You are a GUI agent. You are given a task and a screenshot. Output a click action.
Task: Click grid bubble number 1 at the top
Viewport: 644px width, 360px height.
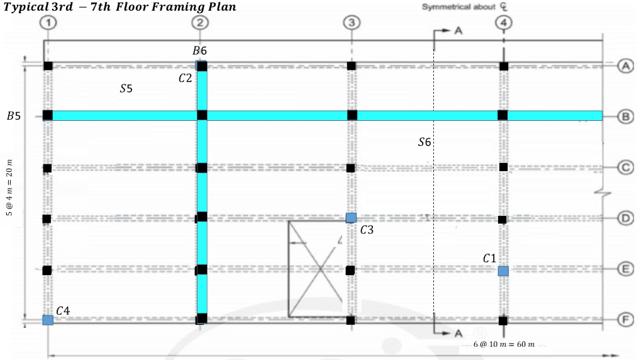tap(48, 23)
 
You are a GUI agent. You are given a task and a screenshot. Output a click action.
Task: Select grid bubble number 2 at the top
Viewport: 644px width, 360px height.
tap(200, 23)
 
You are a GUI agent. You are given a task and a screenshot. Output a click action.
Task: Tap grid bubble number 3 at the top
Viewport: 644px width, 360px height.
tap(351, 23)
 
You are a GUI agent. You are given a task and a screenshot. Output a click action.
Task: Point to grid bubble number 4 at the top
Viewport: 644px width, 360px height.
tap(503, 23)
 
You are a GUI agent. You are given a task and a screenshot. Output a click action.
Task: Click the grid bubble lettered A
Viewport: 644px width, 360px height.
tap(625, 66)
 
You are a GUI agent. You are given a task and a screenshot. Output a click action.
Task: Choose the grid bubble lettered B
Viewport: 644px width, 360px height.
tap(625, 116)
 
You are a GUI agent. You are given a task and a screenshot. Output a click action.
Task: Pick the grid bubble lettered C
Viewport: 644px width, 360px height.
tap(625, 167)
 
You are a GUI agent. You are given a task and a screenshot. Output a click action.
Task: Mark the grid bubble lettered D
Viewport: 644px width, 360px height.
tap(625, 218)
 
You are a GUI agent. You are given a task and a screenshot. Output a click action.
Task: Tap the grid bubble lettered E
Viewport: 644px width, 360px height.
tap(625, 269)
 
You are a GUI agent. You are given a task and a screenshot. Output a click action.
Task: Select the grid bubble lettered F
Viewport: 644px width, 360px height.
tap(625, 320)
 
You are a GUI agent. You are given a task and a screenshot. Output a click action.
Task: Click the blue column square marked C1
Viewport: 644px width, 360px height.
tap(503, 271)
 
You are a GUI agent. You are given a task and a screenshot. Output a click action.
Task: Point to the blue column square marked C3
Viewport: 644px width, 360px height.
tap(351, 218)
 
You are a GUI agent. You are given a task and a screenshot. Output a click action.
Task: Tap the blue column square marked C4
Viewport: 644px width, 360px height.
tap(48, 320)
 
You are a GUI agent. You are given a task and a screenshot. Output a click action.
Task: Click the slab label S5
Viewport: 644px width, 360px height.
tap(126, 89)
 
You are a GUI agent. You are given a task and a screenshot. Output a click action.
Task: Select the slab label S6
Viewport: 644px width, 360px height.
tap(425, 143)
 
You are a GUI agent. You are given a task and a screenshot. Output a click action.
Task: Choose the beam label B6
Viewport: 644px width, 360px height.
tap(199, 50)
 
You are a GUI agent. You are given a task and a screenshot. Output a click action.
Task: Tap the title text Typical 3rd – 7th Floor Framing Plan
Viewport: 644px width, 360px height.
tap(120, 8)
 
